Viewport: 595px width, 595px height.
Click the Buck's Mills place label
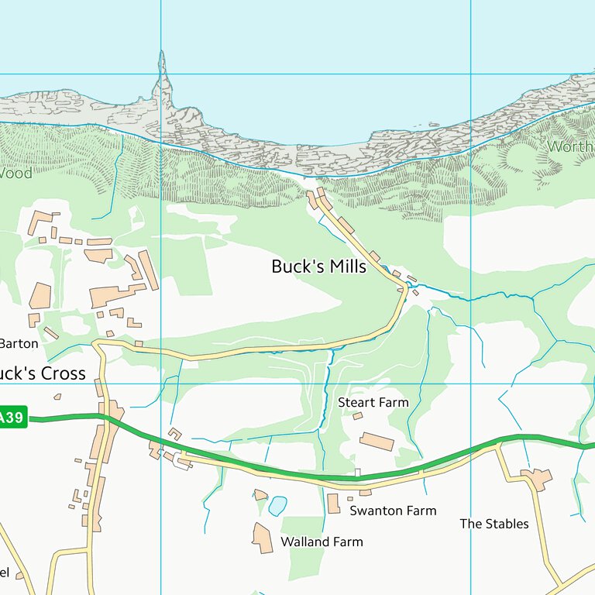pos(318,267)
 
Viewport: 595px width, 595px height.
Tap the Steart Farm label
pos(373,402)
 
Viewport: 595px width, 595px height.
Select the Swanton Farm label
pos(393,511)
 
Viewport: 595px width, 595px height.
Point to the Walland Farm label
pos(322,542)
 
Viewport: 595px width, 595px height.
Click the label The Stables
pos(494,524)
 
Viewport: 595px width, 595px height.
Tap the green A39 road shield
pos(12,418)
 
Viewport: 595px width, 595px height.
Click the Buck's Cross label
pos(43,373)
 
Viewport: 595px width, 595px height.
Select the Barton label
pos(19,343)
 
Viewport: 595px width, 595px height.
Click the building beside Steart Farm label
pos(357,416)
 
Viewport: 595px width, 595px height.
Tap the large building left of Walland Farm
pos(263,538)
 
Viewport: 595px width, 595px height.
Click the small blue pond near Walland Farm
pos(277,506)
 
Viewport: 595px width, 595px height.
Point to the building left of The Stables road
pos(537,478)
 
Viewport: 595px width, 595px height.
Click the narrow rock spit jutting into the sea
pos(162,74)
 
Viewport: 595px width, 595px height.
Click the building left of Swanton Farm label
pos(333,504)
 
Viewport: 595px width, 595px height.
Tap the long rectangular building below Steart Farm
pos(377,442)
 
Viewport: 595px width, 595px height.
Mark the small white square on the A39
pos(357,472)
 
